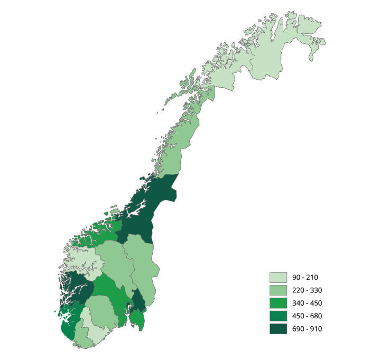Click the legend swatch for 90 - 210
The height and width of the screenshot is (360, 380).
click(278, 278)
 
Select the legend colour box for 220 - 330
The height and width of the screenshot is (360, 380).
click(278, 290)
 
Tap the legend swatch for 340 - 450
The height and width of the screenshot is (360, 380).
click(278, 303)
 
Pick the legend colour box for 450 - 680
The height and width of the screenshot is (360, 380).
click(278, 316)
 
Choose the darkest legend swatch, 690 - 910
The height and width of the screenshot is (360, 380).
click(278, 329)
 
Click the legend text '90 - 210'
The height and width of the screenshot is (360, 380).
click(305, 278)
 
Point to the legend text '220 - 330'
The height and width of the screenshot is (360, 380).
click(307, 290)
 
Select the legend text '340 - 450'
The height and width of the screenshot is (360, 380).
click(307, 303)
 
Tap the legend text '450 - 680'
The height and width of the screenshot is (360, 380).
click(307, 316)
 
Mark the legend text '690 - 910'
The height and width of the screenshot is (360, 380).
click(307, 329)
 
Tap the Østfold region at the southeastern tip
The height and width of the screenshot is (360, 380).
click(137, 319)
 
